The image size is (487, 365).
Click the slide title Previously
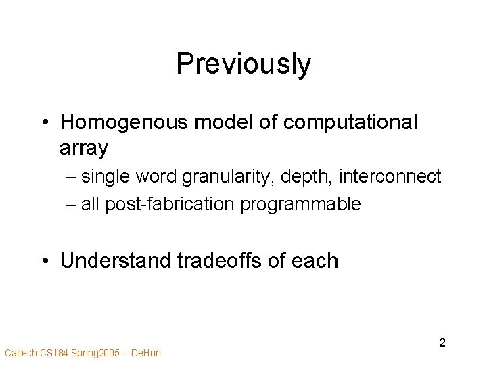(243, 65)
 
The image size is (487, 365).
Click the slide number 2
(442, 343)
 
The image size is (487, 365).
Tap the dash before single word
(72, 178)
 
